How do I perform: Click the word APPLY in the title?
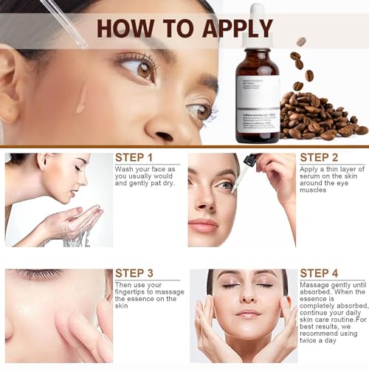click(x=229, y=27)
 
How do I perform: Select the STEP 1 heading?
click(x=134, y=157)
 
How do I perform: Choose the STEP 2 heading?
click(x=319, y=157)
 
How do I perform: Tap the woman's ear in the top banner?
click(x=15, y=81)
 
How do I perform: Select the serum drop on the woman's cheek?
click(x=81, y=96)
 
